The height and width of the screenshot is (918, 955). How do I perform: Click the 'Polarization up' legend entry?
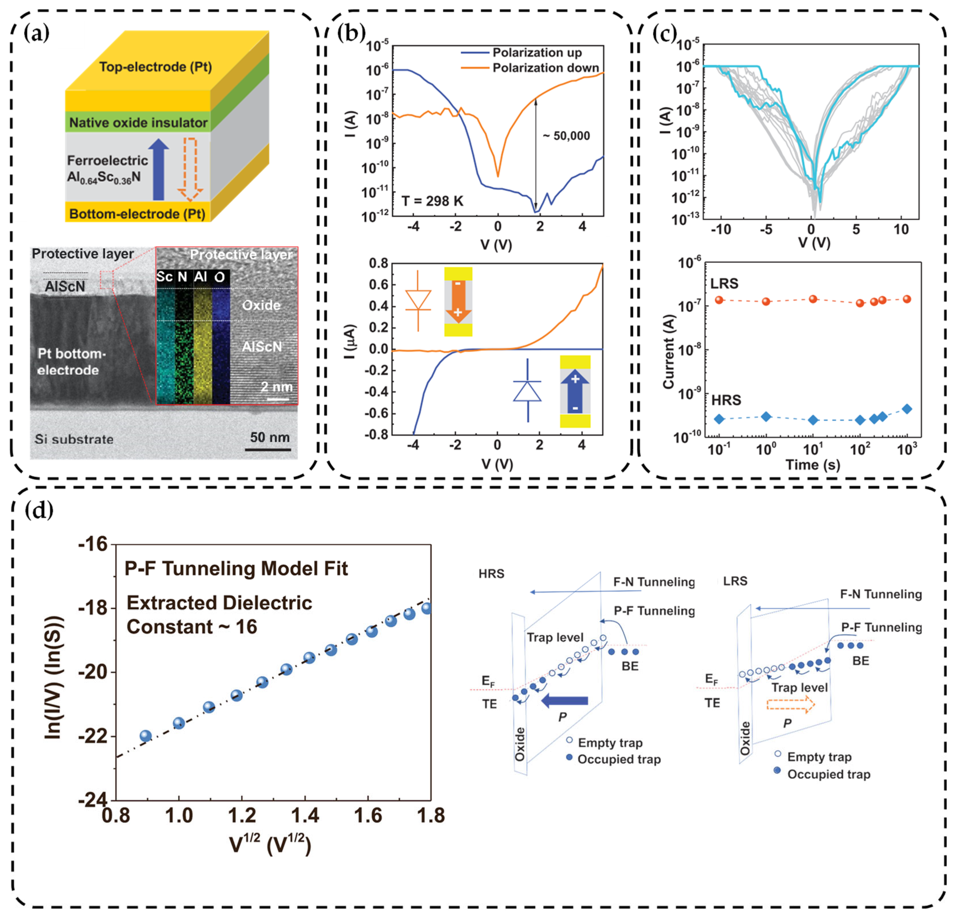pyautogui.click(x=537, y=53)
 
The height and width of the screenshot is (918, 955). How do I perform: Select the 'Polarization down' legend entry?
pyautogui.click(x=545, y=68)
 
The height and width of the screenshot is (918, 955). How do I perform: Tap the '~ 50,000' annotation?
pyautogui.click(x=566, y=136)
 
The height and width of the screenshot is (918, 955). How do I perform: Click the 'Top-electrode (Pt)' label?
pyautogui.click(x=155, y=67)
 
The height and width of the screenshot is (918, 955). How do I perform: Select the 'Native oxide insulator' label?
pyautogui.click(x=138, y=122)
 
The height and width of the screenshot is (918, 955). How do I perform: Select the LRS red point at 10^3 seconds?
pyautogui.click(x=907, y=299)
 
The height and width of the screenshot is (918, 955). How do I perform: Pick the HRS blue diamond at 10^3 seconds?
pyautogui.click(x=907, y=409)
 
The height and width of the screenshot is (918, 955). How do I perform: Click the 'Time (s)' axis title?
pyautogui.click(x=813, y=465)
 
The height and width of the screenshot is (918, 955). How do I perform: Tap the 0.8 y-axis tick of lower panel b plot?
pyautogui.click(x=379, y=264)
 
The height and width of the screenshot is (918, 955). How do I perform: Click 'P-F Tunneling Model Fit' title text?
pyautogui.click(x=236, y=568)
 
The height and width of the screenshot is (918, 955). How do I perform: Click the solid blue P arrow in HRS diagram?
pyautogui.click(x=565, y=701)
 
